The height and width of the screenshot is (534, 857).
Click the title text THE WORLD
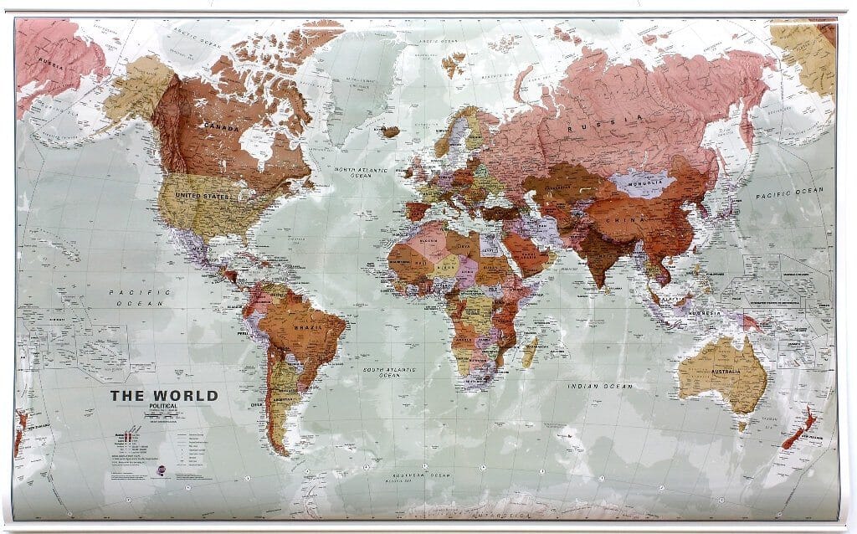[164, 396]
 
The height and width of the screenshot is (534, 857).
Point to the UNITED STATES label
[201, 196]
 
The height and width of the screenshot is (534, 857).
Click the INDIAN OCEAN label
[595, 386]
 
